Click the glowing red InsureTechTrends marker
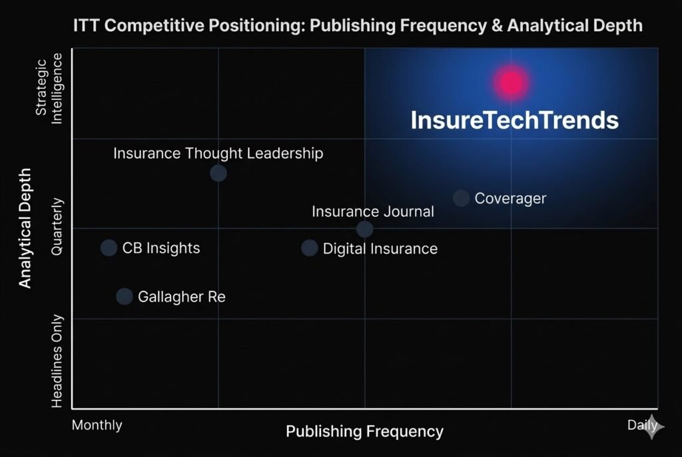511,82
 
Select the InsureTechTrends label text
514,120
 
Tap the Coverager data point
461,198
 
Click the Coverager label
510,198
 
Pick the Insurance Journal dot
364,229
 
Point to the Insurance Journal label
373,212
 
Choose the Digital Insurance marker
309,248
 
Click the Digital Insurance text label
380,249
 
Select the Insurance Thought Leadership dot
218,173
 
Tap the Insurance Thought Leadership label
218,153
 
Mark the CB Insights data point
109,248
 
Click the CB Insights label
161,248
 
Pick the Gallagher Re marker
125,297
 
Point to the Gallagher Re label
182,297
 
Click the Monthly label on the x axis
97,425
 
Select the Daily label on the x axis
642,425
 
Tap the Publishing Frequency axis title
364,432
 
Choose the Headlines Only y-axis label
57,361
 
